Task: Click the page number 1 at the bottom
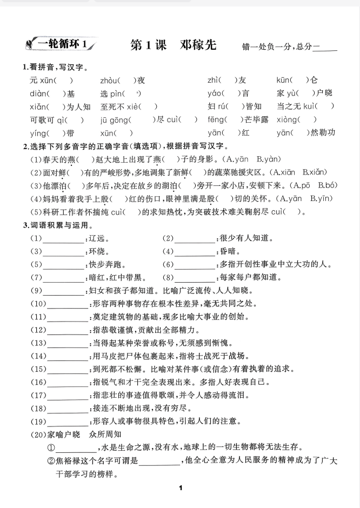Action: click(180, 489)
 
